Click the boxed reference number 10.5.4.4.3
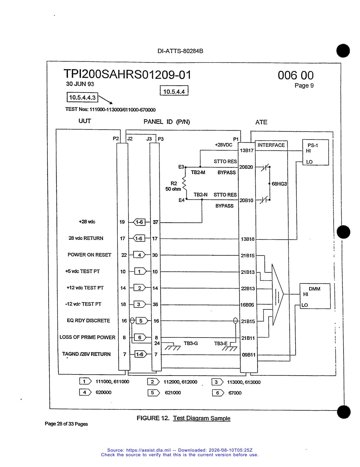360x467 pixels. (82, 97)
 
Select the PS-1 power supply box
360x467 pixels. (315, 152)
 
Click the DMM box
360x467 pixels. (315, 296)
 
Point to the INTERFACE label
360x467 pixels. (271, 145)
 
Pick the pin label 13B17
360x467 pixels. (247, 150)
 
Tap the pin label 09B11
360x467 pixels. (249, 355)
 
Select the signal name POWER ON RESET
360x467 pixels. (89, 255)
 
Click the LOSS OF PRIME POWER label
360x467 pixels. (87, 337)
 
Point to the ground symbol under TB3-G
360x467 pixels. (172, 346)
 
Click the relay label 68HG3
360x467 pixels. (279, 184)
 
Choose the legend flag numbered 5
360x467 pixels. (153, 393)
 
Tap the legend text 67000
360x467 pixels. (235, 393)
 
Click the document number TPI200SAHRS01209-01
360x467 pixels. (127, 74)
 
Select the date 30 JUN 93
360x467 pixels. (80, 84)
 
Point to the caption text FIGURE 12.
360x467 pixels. (153, 418)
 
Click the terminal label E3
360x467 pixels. (181, 167)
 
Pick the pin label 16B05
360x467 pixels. (247, 305)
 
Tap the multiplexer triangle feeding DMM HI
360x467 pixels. (277, 294)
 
